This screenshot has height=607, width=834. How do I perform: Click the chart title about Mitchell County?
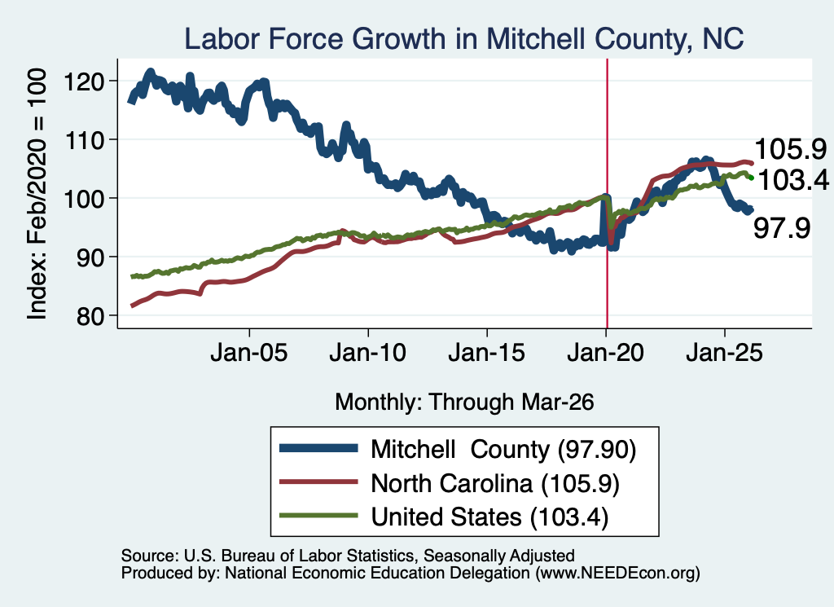click(x=463, y=39)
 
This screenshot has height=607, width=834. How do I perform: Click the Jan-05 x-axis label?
click(x=249, y=352)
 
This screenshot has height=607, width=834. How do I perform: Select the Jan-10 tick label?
click(x=368, y=352)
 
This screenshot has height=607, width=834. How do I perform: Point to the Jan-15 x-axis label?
click(x=487, y=352)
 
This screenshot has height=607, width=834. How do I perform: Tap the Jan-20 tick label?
click(x=606, y=352)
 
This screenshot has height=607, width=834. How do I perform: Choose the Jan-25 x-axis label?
click(x=724, y=352)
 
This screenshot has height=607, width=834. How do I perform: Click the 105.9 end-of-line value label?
click(x=790, y=149)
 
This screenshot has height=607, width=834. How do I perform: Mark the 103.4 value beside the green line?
click(x=792, y=180)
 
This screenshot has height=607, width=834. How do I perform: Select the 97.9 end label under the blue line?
click(x=782, y=228)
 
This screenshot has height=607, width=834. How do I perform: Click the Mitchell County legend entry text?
click(x=503, y=450)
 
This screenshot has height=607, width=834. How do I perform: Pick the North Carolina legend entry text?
click(x=495, y=484)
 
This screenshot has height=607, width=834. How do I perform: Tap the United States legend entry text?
click(x=489, y=517)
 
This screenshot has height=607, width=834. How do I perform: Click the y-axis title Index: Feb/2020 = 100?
click(x=37, y=194)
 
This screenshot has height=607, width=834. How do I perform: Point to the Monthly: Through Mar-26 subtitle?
click(x=464, y=402)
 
